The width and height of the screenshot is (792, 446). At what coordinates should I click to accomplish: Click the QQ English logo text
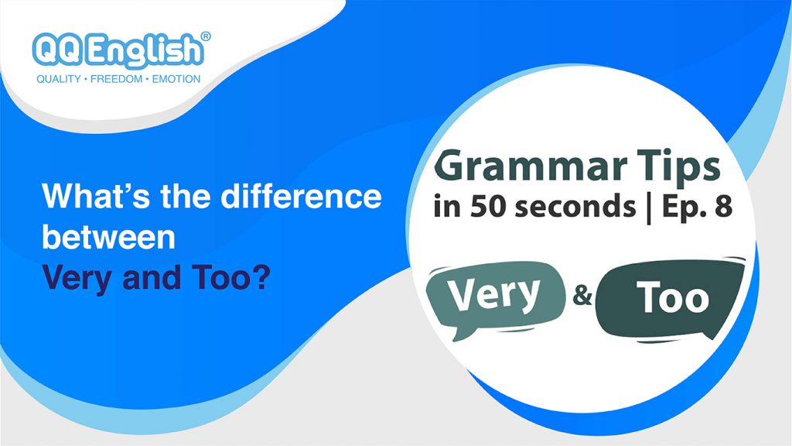point(118,50)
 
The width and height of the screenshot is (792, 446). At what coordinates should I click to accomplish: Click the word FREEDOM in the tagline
point(118,79)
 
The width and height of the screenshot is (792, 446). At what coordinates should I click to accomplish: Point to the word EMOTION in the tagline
point(174,79)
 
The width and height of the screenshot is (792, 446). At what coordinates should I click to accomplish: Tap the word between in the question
point(108,238)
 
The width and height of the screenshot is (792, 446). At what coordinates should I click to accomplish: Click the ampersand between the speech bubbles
point(581,297)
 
